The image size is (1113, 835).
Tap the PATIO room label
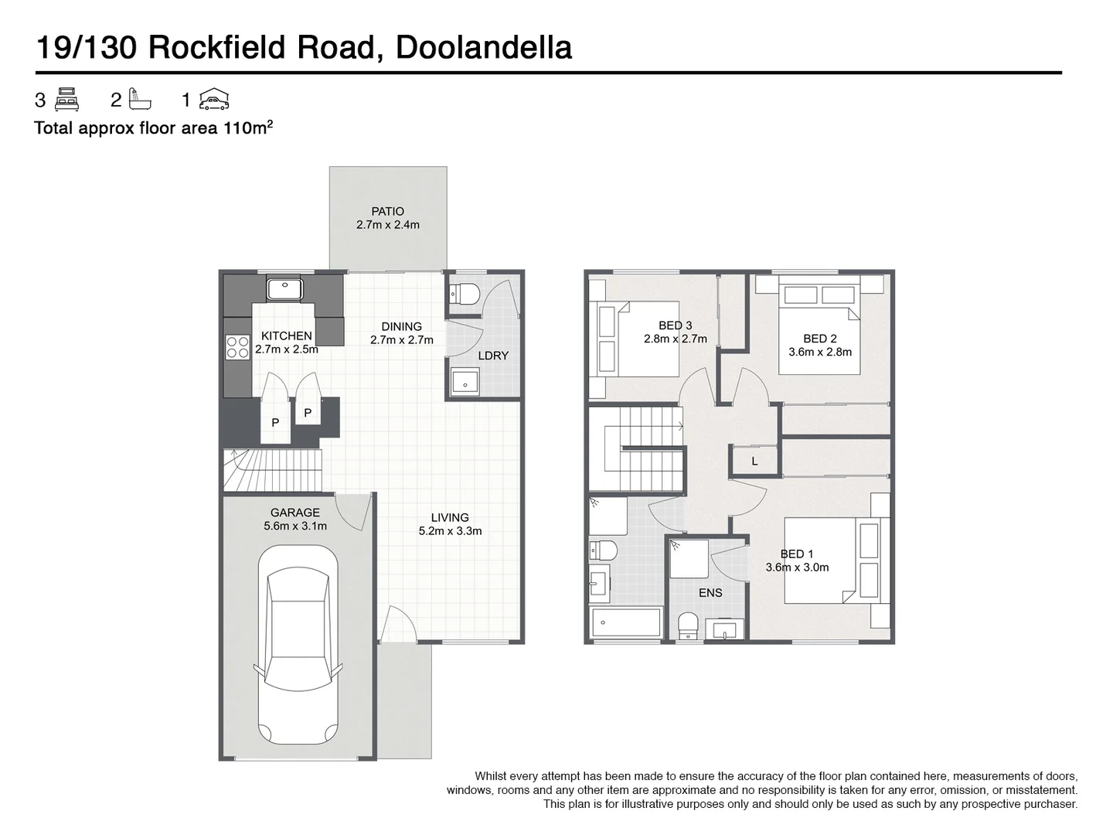point(387,211)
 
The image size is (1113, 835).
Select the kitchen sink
point(285,290)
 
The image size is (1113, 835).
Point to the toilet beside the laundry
point(465,294)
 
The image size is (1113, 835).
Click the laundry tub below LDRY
point(465,382)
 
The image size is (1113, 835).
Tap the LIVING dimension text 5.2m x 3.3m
point(450,531)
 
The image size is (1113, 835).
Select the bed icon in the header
point(67,100)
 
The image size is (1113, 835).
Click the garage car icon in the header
point(213,100)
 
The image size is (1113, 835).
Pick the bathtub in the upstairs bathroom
point(625,622)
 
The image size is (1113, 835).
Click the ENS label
point(710,593)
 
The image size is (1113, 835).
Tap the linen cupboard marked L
point(754,462)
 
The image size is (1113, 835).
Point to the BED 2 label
point(819,338)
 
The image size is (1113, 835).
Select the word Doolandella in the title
point(483,47)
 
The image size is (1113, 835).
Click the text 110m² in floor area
point(248,128)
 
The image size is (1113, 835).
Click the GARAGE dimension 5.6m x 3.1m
point(294,527)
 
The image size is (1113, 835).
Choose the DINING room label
point(401,326)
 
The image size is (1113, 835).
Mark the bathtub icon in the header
point(140,100)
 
